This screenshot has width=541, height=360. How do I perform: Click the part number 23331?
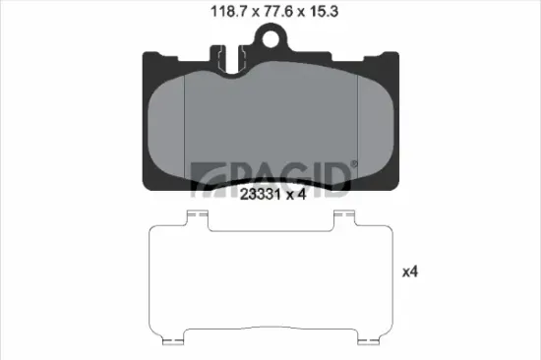[260, 195]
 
